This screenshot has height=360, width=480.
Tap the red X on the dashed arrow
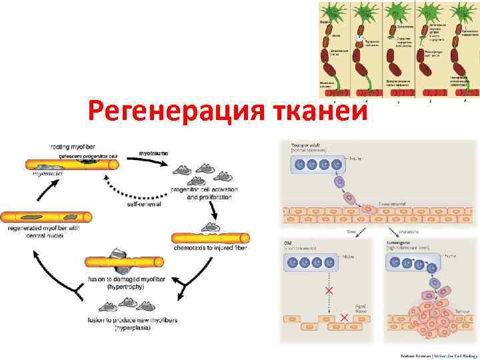pos(327,291)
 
